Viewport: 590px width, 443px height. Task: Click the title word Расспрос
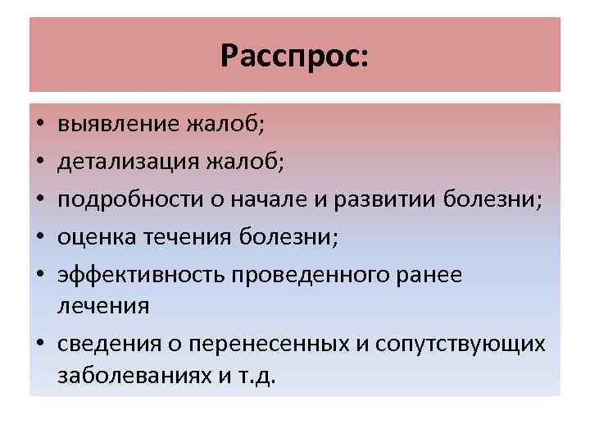pyautogui.click(x=294, y=57)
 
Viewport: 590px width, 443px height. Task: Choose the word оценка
pyautogui.click(x=93, y=237)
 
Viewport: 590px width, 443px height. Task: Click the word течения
pyautogui.click(x=183, y=237)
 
